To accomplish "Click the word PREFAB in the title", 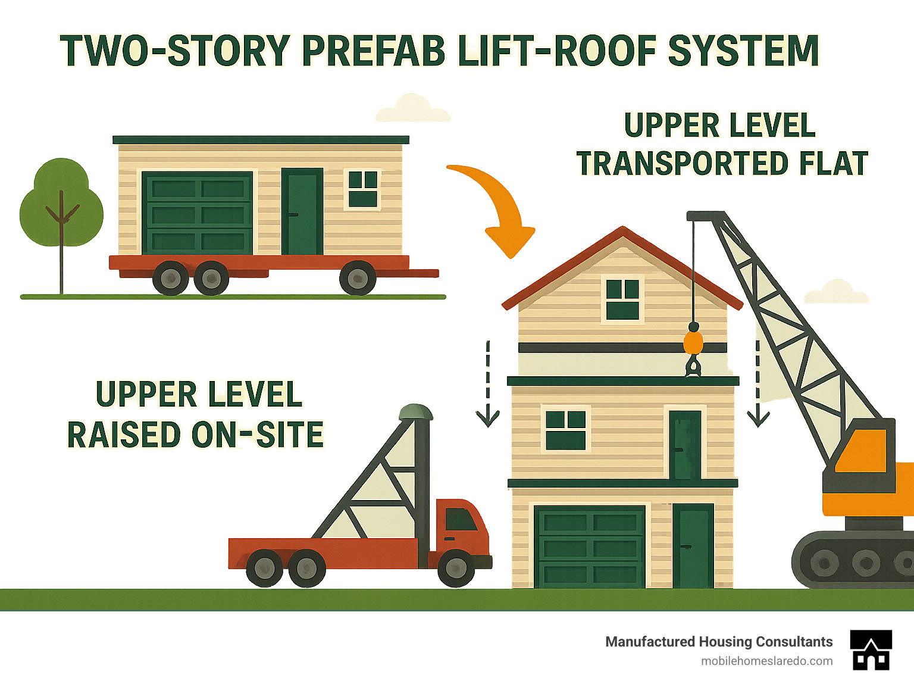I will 373,51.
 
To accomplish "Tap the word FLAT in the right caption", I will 833,164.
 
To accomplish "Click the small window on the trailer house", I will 362,189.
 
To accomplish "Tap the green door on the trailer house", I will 302,211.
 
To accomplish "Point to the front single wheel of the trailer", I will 358,277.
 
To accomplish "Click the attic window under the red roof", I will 622,299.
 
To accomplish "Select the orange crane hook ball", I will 693,342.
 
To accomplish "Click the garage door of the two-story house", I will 589,547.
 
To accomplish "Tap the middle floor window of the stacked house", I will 566,429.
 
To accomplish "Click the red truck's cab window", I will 461,519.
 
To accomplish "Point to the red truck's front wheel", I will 456,568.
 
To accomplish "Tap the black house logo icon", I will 871,650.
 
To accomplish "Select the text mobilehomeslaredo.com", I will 766,661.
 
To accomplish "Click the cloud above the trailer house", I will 412,109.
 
